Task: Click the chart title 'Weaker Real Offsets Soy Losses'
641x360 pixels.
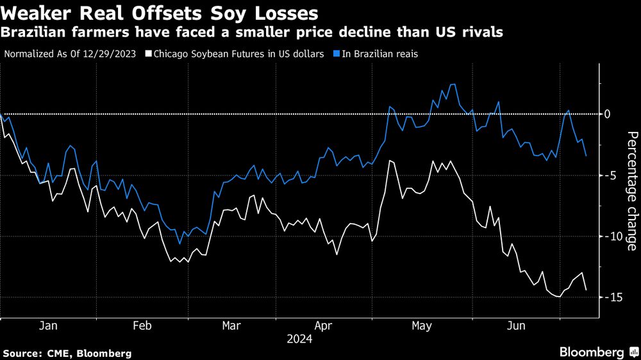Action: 161,12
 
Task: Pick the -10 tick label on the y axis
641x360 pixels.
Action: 612,236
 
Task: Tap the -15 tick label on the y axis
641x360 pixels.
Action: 612,297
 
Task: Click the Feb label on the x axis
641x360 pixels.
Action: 142,326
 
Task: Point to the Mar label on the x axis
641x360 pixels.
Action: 231,326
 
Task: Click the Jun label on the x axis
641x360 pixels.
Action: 516,326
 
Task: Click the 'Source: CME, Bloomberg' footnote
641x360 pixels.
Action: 67,353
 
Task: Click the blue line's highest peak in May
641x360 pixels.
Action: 453,84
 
